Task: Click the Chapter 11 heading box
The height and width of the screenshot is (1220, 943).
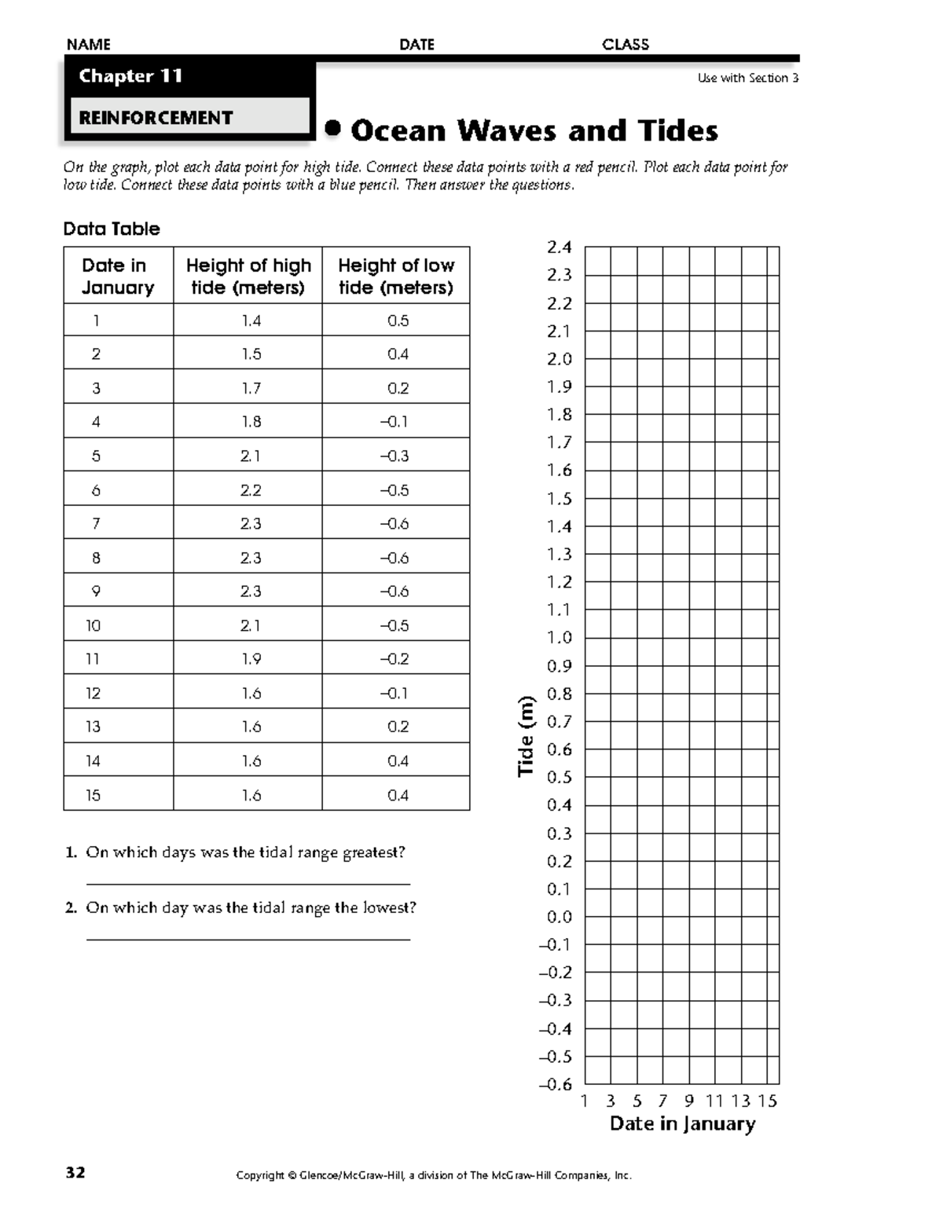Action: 130,76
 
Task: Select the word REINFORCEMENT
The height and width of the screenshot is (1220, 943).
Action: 156,118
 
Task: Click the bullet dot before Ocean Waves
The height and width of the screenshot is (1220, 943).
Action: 334,129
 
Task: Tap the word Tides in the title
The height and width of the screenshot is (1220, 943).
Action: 678,130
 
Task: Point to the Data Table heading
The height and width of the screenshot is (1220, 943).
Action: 112,229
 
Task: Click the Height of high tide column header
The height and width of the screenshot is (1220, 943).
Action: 248,276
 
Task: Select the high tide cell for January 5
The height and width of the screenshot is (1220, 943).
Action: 251,456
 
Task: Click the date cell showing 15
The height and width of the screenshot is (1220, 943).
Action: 93,795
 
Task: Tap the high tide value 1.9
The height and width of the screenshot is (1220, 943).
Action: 251,659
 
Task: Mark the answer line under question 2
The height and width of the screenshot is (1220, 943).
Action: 248,939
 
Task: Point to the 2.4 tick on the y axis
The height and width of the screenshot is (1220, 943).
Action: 560,247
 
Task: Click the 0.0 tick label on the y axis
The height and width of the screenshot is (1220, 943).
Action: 560,917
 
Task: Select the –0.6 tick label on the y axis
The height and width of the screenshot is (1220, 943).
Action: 556,1084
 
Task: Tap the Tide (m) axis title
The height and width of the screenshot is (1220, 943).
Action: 526,737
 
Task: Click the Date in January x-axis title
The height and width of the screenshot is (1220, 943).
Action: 682,1123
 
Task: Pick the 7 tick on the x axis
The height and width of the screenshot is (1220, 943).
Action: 663,1101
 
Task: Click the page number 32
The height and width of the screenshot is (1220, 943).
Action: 75,1173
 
